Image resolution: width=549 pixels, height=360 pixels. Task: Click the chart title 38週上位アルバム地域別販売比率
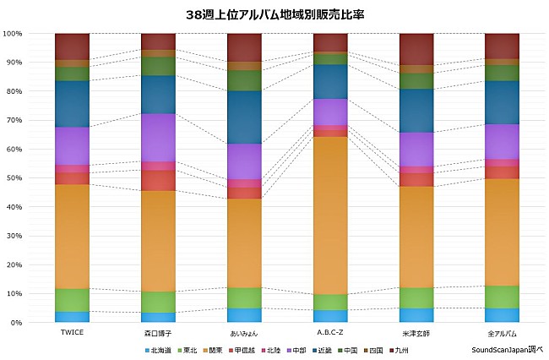[274, 14]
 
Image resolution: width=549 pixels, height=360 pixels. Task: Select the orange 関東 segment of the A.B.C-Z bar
[330, 215]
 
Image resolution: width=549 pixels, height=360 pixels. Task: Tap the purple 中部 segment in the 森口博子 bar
[158, 137]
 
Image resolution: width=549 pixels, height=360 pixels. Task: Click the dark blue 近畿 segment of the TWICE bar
[72, 104]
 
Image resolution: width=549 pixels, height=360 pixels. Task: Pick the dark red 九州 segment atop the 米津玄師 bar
[416, 49]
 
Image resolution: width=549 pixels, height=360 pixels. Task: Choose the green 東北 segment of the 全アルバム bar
[502, 297]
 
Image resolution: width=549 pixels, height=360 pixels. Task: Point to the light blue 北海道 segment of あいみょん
[244, 315]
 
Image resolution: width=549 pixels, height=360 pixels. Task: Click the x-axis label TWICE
[72, 332]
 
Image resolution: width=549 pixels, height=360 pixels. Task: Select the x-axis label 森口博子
[158, 333]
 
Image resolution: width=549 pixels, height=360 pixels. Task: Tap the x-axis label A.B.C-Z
[330, 332]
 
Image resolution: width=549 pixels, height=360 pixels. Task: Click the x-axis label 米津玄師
[416, 333]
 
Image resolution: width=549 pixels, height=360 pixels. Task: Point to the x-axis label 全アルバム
[502, 333]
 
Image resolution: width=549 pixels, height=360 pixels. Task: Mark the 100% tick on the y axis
[12, 34]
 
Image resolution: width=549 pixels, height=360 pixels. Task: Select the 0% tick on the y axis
[16, 323]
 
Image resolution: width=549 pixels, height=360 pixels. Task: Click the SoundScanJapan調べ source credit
[507, 349]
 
